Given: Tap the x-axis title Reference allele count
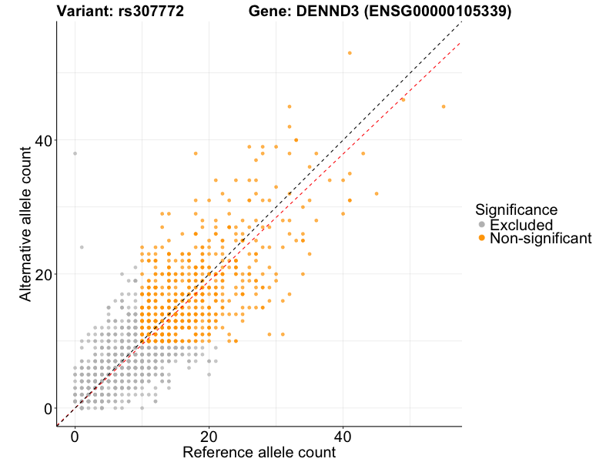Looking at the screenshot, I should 259,452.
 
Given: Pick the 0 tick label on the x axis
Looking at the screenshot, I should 75,436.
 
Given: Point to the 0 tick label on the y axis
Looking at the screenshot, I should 48,408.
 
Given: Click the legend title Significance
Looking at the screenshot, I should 516,209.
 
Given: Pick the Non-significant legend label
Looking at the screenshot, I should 541,239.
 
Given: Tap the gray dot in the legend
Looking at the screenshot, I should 482,225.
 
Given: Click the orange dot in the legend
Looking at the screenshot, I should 482,239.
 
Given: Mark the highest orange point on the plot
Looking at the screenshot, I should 350,53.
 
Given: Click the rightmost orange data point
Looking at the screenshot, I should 444,106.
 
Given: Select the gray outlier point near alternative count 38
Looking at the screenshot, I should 75,153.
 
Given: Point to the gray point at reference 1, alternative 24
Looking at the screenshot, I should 82,247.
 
